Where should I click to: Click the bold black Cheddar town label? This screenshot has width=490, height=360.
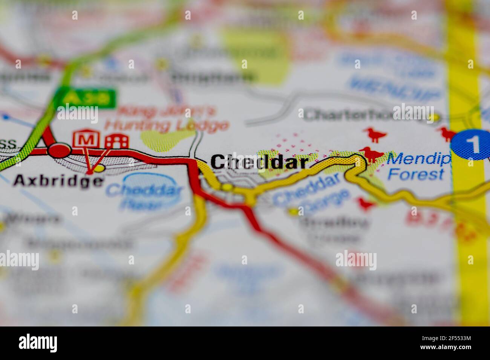(x=259, y=162)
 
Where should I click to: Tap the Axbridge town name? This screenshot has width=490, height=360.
(x=58, y=181)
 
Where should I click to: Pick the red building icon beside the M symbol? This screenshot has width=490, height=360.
(x=117, y=141)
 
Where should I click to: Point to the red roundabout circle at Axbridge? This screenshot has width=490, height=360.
(x=59, y=150)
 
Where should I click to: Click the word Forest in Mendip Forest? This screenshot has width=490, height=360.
(x=416, y=174)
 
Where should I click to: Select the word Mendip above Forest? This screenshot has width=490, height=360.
(x=418, y=159)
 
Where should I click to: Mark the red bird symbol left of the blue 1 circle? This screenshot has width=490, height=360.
(x=447, y=133)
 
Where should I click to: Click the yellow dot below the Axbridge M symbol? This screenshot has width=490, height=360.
(x=99, y=168)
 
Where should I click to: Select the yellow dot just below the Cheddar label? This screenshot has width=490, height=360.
(x=227, y=187)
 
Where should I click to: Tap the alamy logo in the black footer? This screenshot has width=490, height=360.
(x=38, y=343)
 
